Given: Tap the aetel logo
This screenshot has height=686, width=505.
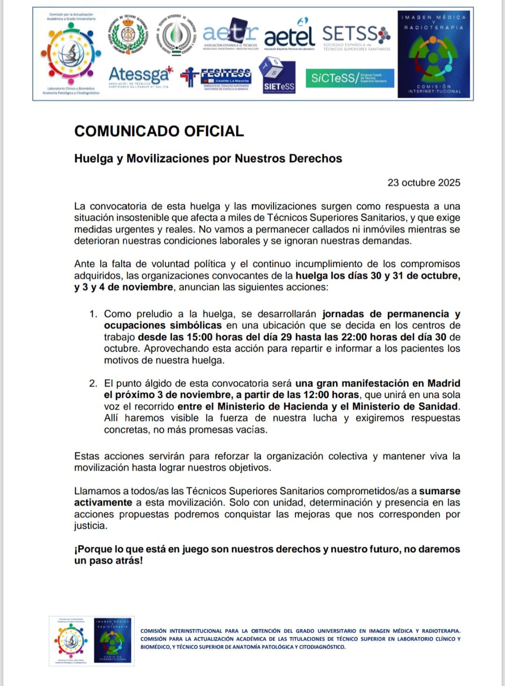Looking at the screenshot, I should coord(289,35).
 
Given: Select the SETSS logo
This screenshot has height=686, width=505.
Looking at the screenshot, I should coord(356,36).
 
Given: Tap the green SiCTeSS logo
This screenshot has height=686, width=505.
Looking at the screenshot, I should coord(350,78).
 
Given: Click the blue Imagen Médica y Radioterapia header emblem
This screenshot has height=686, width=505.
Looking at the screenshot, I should coord(434,54).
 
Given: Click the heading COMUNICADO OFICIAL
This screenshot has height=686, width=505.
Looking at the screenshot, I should coord(159,131).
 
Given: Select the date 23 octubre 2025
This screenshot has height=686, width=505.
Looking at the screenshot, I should coord(424,183).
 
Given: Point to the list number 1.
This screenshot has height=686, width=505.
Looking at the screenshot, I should coord(93,314).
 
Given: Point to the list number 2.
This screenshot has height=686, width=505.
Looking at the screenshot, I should coord(93,384).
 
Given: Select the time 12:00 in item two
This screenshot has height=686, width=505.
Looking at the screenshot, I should coord(331,395).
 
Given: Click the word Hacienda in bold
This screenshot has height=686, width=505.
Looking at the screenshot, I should coord(304,407).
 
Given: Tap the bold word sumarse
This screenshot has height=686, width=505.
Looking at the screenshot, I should coord(440,491).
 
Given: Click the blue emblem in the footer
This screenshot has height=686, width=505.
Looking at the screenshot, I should coord(113,641).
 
